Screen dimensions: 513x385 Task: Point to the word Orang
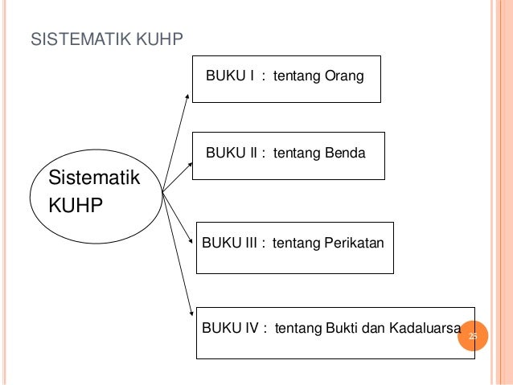tap(344, 77)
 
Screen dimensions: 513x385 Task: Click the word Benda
tap(344, 151)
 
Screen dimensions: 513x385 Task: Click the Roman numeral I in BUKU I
tap(251, 77)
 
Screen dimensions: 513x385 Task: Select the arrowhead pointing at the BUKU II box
tap(191, 164)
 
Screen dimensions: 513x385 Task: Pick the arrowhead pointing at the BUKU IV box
tap(191, 313)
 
